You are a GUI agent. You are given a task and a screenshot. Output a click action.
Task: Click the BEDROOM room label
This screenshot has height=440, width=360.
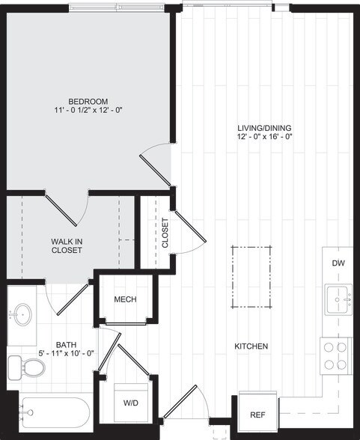coord(88,101)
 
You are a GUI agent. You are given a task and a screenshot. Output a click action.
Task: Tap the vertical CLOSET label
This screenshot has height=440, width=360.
coord(165,232)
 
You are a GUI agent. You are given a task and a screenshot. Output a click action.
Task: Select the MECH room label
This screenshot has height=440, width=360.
coord(125,300)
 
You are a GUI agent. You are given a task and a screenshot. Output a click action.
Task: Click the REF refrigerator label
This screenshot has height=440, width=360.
coord(257,414)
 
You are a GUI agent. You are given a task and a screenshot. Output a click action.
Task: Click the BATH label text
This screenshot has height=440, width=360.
coord(64,345)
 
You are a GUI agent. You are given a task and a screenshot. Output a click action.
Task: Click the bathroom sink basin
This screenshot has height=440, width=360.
coord(22,312)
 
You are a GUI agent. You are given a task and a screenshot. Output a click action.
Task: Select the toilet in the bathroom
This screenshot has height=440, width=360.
coord(27,367)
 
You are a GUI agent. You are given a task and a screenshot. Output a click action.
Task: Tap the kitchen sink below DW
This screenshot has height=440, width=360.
coord(338,300)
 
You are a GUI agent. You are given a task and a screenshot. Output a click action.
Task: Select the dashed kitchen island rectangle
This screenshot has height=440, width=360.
coord(251,276)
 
